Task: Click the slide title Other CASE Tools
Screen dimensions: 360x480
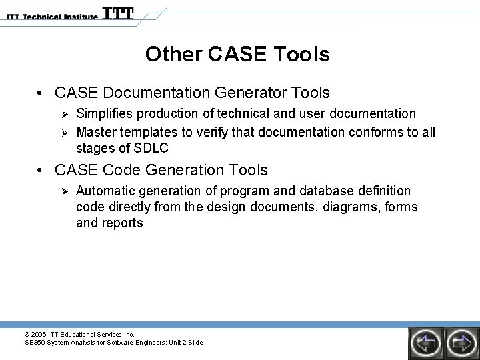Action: (x=237, y=55)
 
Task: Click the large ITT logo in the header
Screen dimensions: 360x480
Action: (x=118, y=13)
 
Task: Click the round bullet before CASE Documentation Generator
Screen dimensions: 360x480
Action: (x=41, y=93)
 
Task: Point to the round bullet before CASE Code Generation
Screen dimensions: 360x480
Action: (x=41, y=171)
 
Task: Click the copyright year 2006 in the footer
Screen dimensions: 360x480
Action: (x=39, y=334)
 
